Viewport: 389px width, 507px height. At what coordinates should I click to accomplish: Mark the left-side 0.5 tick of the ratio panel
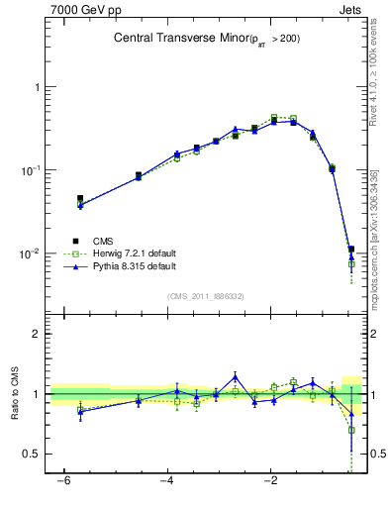pos(32,454)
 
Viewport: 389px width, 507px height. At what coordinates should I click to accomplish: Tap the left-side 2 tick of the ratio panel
pos(36,334)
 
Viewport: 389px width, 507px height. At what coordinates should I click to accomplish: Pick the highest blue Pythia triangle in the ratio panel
pos(235,376)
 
